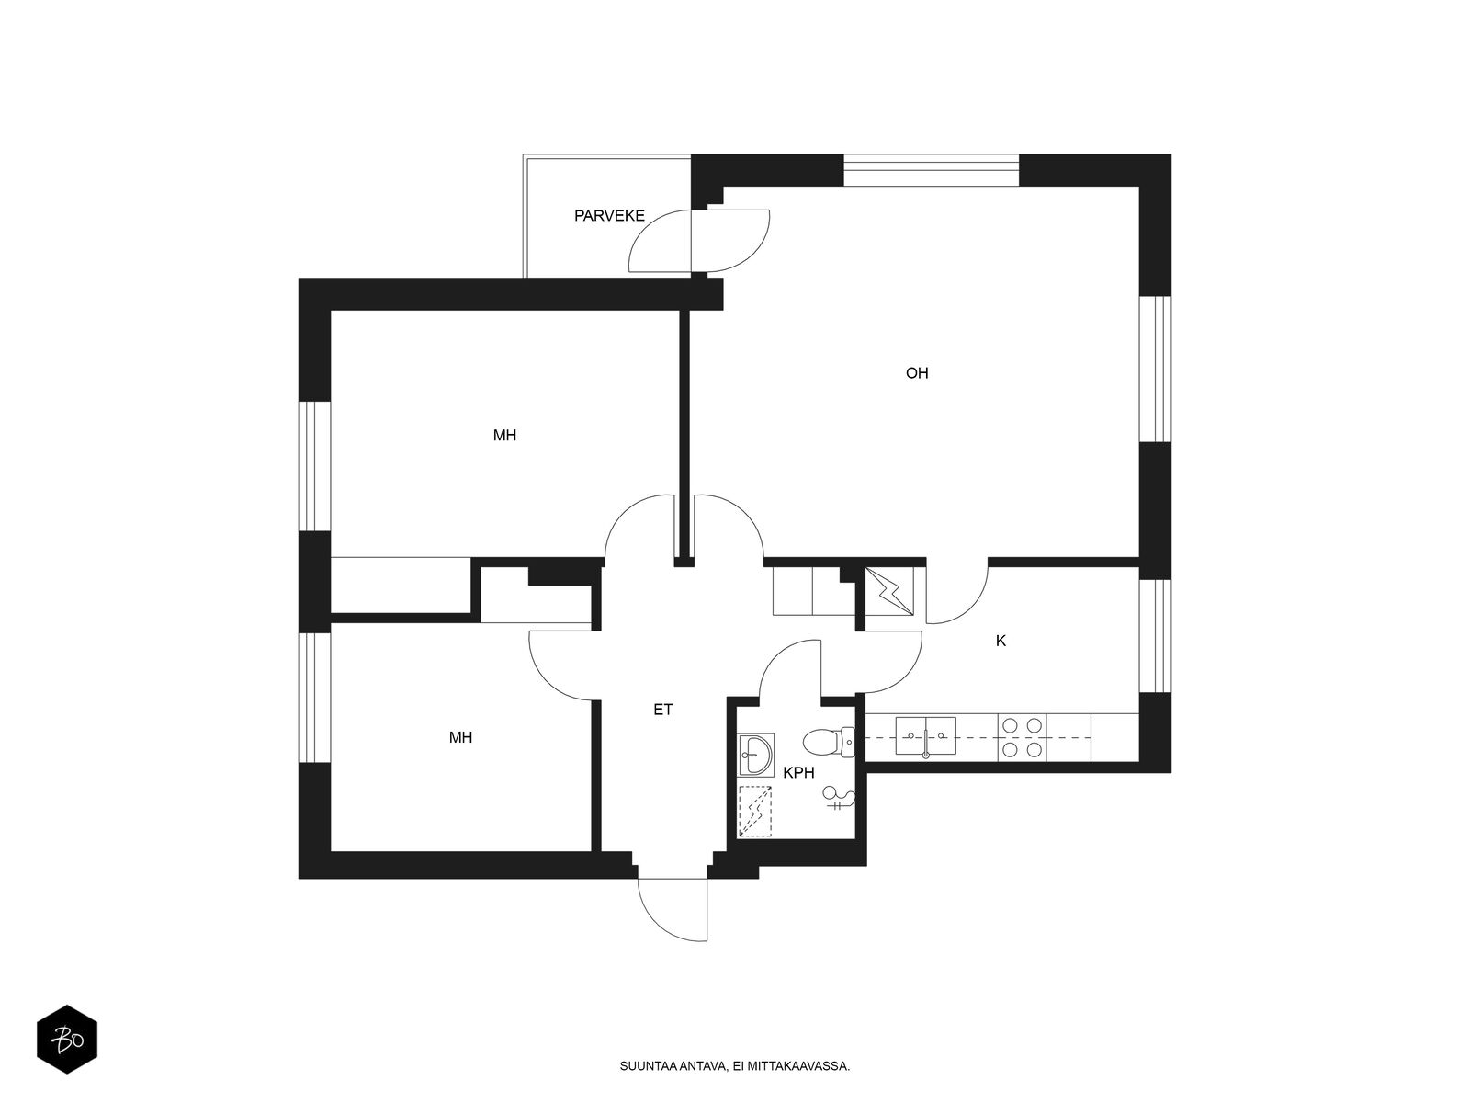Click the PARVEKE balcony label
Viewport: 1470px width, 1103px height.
[609, 216]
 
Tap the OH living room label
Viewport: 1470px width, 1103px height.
[917, 373]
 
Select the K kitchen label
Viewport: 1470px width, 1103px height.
[1001, 641]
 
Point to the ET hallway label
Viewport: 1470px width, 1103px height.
[662, 710]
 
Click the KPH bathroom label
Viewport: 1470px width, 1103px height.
[798, 773]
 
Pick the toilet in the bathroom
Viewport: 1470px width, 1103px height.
[829, 742]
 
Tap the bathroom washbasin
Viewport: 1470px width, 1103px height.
[755, 755]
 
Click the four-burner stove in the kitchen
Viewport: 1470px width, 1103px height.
[1022, 737]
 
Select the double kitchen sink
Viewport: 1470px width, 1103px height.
[925, 736]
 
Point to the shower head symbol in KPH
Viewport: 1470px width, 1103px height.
[838, 798]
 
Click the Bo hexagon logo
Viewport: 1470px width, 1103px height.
[67, 1040]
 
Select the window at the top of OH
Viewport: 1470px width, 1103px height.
[931, 170]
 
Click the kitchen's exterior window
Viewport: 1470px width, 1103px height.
[1155, 635]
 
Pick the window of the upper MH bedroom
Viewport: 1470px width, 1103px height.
[314, 466]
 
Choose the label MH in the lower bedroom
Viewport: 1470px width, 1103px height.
[461, 737]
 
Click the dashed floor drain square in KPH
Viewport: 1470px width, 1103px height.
[755, 812]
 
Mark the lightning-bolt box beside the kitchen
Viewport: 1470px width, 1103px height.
[890, 591]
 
